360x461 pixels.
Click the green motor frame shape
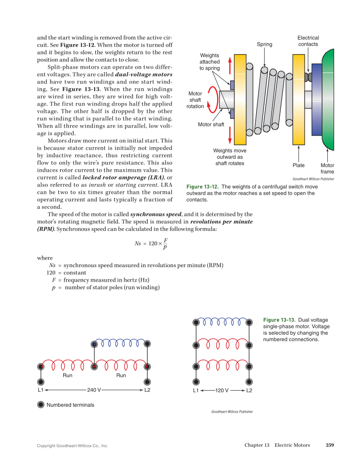tap(329, 100)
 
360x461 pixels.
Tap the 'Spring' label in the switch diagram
tap(265, 45)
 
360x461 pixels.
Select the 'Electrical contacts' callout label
tap(308, 41)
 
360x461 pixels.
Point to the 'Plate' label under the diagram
tap(299, 165)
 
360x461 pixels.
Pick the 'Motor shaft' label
tap(211, 125)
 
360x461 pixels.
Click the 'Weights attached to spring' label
tap(209, 62)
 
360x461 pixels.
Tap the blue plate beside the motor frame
tap(316, 100)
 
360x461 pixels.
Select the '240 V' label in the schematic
tap(94, 390)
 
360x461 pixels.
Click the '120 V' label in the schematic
tap(222, 390)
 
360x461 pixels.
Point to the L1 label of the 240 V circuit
tap(41, 390)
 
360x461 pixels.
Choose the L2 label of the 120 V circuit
tap(249, 390)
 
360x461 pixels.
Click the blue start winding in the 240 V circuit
tap(121, 342)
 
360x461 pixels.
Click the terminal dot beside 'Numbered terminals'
tap(41, 405)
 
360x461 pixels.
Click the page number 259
tap(330, 445)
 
